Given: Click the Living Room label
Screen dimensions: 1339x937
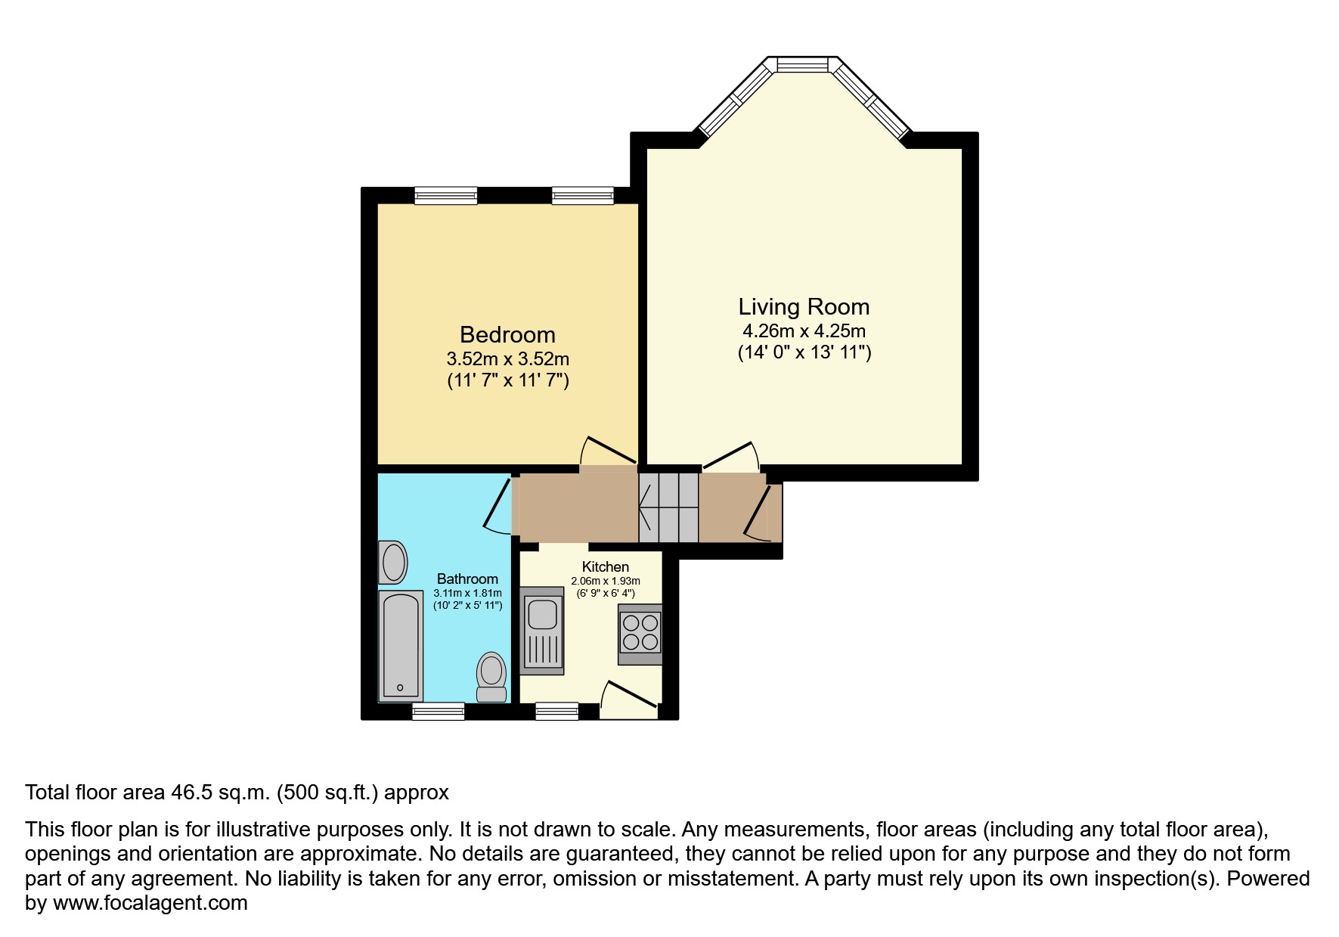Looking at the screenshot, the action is (x=804, y=306).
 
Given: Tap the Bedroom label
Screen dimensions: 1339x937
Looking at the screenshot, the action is (x=507, y=334).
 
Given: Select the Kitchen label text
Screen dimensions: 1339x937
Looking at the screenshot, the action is (x=605, y=566).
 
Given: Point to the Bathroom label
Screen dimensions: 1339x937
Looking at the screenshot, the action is (x=467, y=579).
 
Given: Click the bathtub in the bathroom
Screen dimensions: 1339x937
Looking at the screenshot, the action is (x=400, y=645).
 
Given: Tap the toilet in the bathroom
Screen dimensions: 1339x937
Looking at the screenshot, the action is (x=491, y=677).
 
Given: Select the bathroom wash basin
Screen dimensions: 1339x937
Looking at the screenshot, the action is (x=392, y=562).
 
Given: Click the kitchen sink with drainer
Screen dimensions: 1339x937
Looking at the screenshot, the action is (x=543, y=634).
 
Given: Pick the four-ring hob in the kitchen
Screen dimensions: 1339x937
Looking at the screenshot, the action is (x=640, y=634).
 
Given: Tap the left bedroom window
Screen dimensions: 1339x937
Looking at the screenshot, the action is (x=446, y=196).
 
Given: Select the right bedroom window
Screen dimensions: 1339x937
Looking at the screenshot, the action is (x=582, y=196).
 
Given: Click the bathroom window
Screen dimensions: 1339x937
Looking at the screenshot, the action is (x=439, y=711).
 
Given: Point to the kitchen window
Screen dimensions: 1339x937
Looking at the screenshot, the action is (x=557, y=711).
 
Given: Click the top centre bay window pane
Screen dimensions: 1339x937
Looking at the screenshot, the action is (x=803, y=65).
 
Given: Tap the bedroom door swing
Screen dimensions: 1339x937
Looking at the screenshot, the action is (x=607, y=450).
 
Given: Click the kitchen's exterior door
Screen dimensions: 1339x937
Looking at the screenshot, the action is (x=628, y=698).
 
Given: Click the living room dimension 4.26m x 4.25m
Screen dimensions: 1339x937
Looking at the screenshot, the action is (x=804, y=331).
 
